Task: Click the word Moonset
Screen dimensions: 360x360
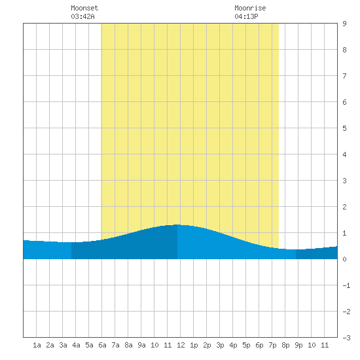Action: [84, 8]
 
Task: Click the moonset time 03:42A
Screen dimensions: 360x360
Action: [82, 16]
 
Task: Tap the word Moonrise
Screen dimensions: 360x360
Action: [250, 8]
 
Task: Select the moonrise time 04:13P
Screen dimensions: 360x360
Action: [246, 16]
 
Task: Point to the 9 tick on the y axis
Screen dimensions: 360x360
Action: [344, 24]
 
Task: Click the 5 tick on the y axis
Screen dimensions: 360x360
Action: [344, 128]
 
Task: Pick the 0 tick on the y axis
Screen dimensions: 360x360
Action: [344, 259]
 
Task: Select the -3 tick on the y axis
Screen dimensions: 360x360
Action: [346, 338]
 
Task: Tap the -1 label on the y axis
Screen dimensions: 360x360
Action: [346, 285]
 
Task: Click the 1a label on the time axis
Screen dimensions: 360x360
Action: [37, 345]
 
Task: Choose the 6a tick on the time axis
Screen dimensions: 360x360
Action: [102, 345]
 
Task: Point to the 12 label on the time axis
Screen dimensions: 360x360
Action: [181, 345]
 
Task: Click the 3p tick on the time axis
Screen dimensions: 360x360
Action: [220, 345]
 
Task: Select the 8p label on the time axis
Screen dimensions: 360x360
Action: [285, 345]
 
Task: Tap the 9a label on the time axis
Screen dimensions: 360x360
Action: [141, 345]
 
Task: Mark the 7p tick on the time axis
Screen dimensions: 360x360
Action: [272, 345]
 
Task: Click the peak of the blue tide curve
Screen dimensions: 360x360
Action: [177, 225]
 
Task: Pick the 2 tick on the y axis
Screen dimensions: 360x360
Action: [344, 207]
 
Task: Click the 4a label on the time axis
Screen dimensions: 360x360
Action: [76, 345]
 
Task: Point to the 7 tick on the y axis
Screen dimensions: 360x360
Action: [344, 76]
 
